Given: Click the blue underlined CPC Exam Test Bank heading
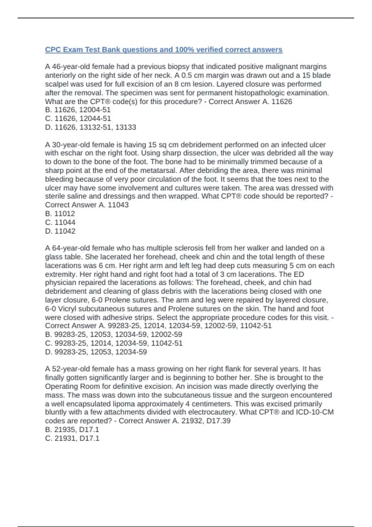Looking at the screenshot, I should click(x=164, y=50).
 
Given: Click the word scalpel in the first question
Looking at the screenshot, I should click(x=57, y=84).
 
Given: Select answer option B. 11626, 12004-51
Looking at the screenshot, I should click(x=78, y=110).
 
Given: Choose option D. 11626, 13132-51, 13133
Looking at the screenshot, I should click(x=91, y=127).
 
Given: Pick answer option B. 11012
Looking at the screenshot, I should click(x=60, y=214).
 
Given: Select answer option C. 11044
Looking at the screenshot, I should click(x=60, y=222).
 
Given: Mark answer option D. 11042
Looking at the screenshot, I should click(x=60, y=231).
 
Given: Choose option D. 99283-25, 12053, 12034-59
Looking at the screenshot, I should click(x=96, y=352).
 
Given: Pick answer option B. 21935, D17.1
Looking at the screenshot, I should click(x=72, y=430).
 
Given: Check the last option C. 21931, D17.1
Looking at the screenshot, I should click(x=72, y=438).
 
